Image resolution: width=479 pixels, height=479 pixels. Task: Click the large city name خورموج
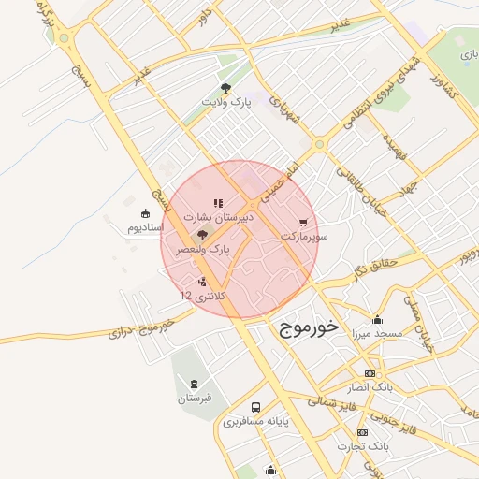[311, 330]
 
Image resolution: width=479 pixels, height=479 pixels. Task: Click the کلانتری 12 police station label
[199, 295]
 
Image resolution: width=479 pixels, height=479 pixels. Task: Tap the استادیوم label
[145, 227]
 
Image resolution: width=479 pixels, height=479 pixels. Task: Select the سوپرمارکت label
[304, 238]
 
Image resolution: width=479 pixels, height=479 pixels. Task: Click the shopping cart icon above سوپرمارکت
[303, 224]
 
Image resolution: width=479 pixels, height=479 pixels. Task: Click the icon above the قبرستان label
[195, 385]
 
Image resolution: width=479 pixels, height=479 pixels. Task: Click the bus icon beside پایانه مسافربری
[256, 407]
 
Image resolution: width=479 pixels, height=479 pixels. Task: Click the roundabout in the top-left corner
[65, 38]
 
